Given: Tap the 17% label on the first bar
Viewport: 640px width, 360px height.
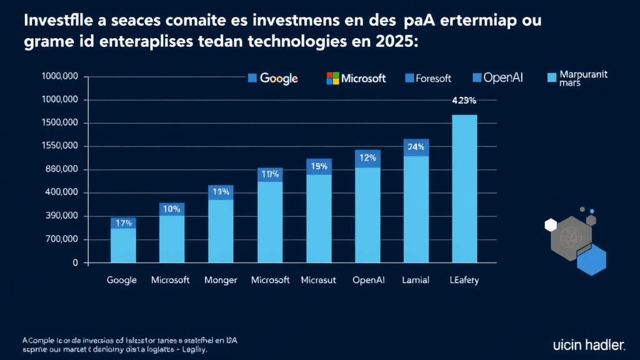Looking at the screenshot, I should (x=123, y=222).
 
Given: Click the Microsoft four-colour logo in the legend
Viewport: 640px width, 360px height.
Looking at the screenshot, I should (x=332, y=78).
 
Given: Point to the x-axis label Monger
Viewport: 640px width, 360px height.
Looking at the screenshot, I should (x=221, y=280).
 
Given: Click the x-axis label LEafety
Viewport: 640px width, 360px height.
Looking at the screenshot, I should (x=463, y=280).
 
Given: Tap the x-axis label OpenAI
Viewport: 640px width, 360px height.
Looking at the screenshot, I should (x=369, y=280).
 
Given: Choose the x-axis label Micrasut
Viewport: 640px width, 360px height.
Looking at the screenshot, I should (x=318, y=280).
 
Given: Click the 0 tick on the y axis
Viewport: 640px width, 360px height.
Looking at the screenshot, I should (x=75, y=263).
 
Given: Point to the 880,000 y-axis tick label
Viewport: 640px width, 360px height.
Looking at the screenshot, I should (x=60, y=169).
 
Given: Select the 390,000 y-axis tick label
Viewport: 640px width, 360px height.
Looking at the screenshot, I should (x=60, y=216).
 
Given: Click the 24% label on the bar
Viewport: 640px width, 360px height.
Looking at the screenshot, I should (x=416, y=147).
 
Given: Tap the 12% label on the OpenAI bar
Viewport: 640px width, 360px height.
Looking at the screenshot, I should (x=367, y=157).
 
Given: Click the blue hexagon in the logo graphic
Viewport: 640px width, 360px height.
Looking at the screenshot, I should (x=591, y=260).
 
